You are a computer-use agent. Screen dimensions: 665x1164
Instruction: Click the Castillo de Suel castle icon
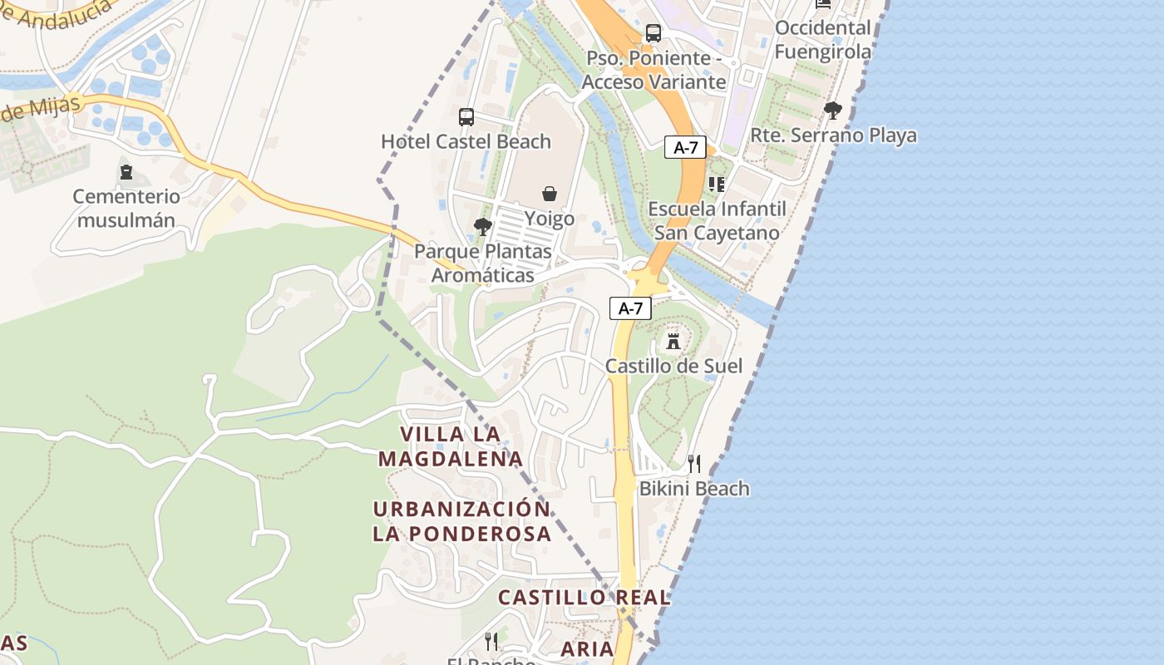tap(673, 341)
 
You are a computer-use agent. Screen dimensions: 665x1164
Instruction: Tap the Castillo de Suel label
tap(673, 366)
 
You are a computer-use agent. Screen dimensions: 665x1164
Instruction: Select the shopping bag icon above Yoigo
tap(550, 195)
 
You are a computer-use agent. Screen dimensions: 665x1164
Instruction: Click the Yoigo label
tap(550, 219)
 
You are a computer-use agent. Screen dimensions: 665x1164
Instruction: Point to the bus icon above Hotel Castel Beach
tap(466, 117)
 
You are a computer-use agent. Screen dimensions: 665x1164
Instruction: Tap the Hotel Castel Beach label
tap(466, 141)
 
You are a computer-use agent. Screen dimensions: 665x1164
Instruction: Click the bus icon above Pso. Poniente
tap(654, 33)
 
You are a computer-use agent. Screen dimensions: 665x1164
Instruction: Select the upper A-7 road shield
tap(686, 148)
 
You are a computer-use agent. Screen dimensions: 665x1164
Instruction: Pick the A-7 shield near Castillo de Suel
tap(630, 308)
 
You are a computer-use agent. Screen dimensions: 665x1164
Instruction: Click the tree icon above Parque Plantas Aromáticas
tap(482, 226)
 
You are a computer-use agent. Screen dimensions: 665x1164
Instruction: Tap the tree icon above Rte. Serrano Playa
tap(832, 110)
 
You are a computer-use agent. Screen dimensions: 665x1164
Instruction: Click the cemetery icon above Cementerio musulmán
tap(126, 172)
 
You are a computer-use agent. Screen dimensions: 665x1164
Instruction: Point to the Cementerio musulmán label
tap(126, 209)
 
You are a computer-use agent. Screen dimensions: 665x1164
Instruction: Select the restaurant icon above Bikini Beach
tap(694, 464)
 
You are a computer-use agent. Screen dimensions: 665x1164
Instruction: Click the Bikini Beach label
tap(694, 489)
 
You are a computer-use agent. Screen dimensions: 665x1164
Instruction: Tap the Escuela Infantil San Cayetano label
tap(717, 220)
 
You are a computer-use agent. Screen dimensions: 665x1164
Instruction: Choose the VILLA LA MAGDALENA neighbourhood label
tap(451, 446)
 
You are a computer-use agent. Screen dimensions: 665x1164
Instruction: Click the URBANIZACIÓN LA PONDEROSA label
tap(461, 521)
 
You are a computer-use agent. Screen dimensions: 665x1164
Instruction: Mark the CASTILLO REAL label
tap(584, 597)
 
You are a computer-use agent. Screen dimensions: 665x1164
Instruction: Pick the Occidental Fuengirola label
tap(823, 39)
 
